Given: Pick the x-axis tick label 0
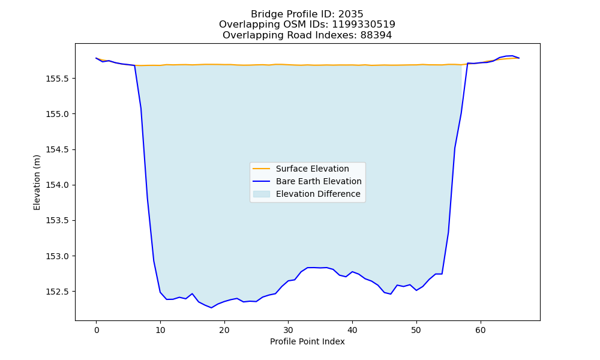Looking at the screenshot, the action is (x=97, y=331).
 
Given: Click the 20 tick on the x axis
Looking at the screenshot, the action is (x=224, y=331).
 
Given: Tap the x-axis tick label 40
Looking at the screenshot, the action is (x=352, y=331).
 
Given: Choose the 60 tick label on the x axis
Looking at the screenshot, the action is (x=481, y=331).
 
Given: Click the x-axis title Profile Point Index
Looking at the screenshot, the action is (x=307, y=341).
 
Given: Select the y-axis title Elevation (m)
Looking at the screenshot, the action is (x=37, y=182).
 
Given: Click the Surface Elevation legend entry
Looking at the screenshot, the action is (x=312, y=169).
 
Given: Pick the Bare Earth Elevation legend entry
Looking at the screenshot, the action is (x=319, y=181).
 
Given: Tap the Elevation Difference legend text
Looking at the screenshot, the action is (x=318, y=194).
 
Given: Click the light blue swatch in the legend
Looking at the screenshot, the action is (x=262, y=194).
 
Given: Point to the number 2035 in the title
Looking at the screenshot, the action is (x=351, y=14).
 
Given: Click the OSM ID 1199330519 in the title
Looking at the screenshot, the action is (x=364, y=25).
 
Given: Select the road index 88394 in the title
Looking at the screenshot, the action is (x=376, y=35).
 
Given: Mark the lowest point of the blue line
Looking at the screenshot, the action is (x=211, y=308).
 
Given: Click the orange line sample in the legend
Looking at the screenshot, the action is (x=262, y=169).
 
